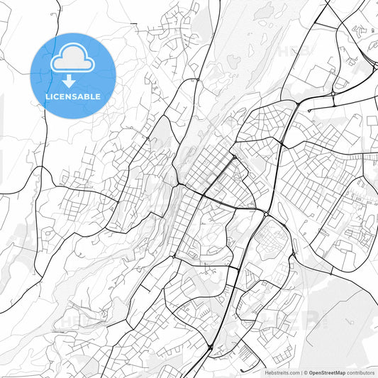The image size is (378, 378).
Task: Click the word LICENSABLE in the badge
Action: [73, 96]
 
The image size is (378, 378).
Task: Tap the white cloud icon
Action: [72, 58]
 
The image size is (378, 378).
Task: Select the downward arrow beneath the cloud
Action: [72, 80]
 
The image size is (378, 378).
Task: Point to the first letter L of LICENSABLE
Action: [48, 96]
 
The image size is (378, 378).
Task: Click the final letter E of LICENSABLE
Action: [99, 96]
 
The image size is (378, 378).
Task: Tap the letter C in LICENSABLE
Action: [57, 96]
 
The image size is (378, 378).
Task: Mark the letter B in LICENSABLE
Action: [88, 96]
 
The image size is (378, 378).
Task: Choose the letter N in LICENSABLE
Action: [69, 96]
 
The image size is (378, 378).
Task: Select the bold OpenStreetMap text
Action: [326, 372]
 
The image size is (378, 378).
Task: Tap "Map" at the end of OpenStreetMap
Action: [340, 372]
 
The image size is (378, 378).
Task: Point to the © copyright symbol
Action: [304, 372]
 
